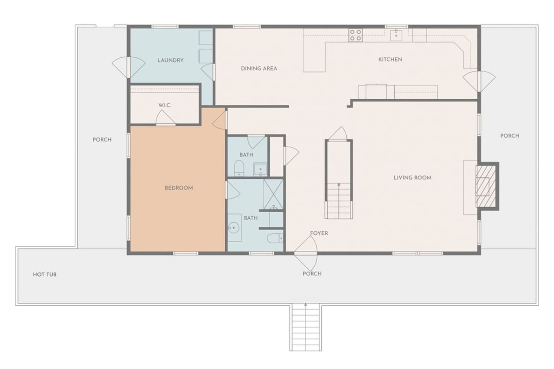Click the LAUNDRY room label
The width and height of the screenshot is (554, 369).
tap(170, 60)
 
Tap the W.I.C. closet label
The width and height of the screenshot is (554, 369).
tap(165, 105)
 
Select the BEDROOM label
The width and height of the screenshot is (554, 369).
tap(179, 188)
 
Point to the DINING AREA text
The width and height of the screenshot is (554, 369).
tap(259, 68)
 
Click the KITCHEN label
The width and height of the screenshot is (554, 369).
tap(390, 60)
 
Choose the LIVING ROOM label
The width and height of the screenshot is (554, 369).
tap(413, 178)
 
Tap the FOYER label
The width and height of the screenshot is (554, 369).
tap(319, 233)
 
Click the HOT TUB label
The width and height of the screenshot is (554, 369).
tap(45, 274)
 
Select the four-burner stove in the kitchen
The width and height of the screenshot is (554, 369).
tap(355, 35)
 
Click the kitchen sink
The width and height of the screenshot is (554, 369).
tap(396, 35)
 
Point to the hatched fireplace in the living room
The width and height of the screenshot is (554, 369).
tap(486, 186)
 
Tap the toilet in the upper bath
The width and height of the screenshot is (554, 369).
tap(239, 168)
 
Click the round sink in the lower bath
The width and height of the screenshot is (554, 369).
tap(234, 227)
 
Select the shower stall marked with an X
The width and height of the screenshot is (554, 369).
tap(273, 194)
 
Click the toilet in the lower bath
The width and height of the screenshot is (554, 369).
tap(275, 238)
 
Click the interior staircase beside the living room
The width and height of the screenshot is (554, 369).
tap(338, 179)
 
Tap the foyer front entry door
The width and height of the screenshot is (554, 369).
tap(306, 253)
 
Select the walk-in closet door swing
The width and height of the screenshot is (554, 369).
tap(165, 118)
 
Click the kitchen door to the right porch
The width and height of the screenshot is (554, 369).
tap(479, 81)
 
